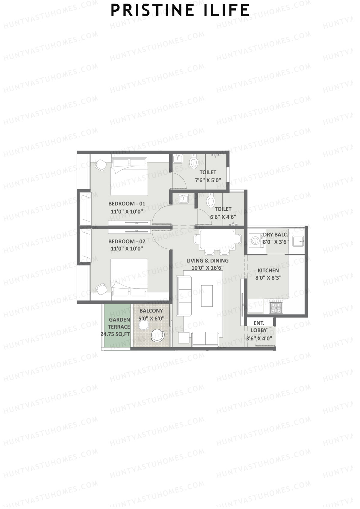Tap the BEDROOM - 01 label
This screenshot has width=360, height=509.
pyautogui.click(x=127, y=204)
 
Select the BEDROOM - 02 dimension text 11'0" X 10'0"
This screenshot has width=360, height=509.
pyautogui.click(x=127, y=249)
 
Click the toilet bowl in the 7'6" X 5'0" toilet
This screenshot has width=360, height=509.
pyautogui.click(x=193, y=162)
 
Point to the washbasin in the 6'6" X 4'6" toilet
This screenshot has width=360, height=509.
pyautogui.click(x=183, y=199)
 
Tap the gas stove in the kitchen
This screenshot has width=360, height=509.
pyautogui.click(x=276, y=307)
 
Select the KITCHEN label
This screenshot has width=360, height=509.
pyautogui.click(x=268, y=271)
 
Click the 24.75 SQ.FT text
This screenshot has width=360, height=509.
pyautogui.click(x=115, y=334)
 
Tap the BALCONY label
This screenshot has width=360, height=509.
pyautogui.click(x=151, y=311)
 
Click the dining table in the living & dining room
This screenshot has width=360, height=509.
pyautogui.click(x=217, y=239)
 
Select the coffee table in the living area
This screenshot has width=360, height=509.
pyautogui.click(x=207, y=296)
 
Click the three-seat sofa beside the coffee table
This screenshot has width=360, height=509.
pyautogui.click(x=184, y=296)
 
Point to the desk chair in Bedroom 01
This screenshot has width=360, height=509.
pyautogui.click(x=100, y=165)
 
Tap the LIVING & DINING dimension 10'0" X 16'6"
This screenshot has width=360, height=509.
pyautogui.click(x=207, y=268)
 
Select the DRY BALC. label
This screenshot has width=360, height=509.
pyautogui.click(x=275, y=235)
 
